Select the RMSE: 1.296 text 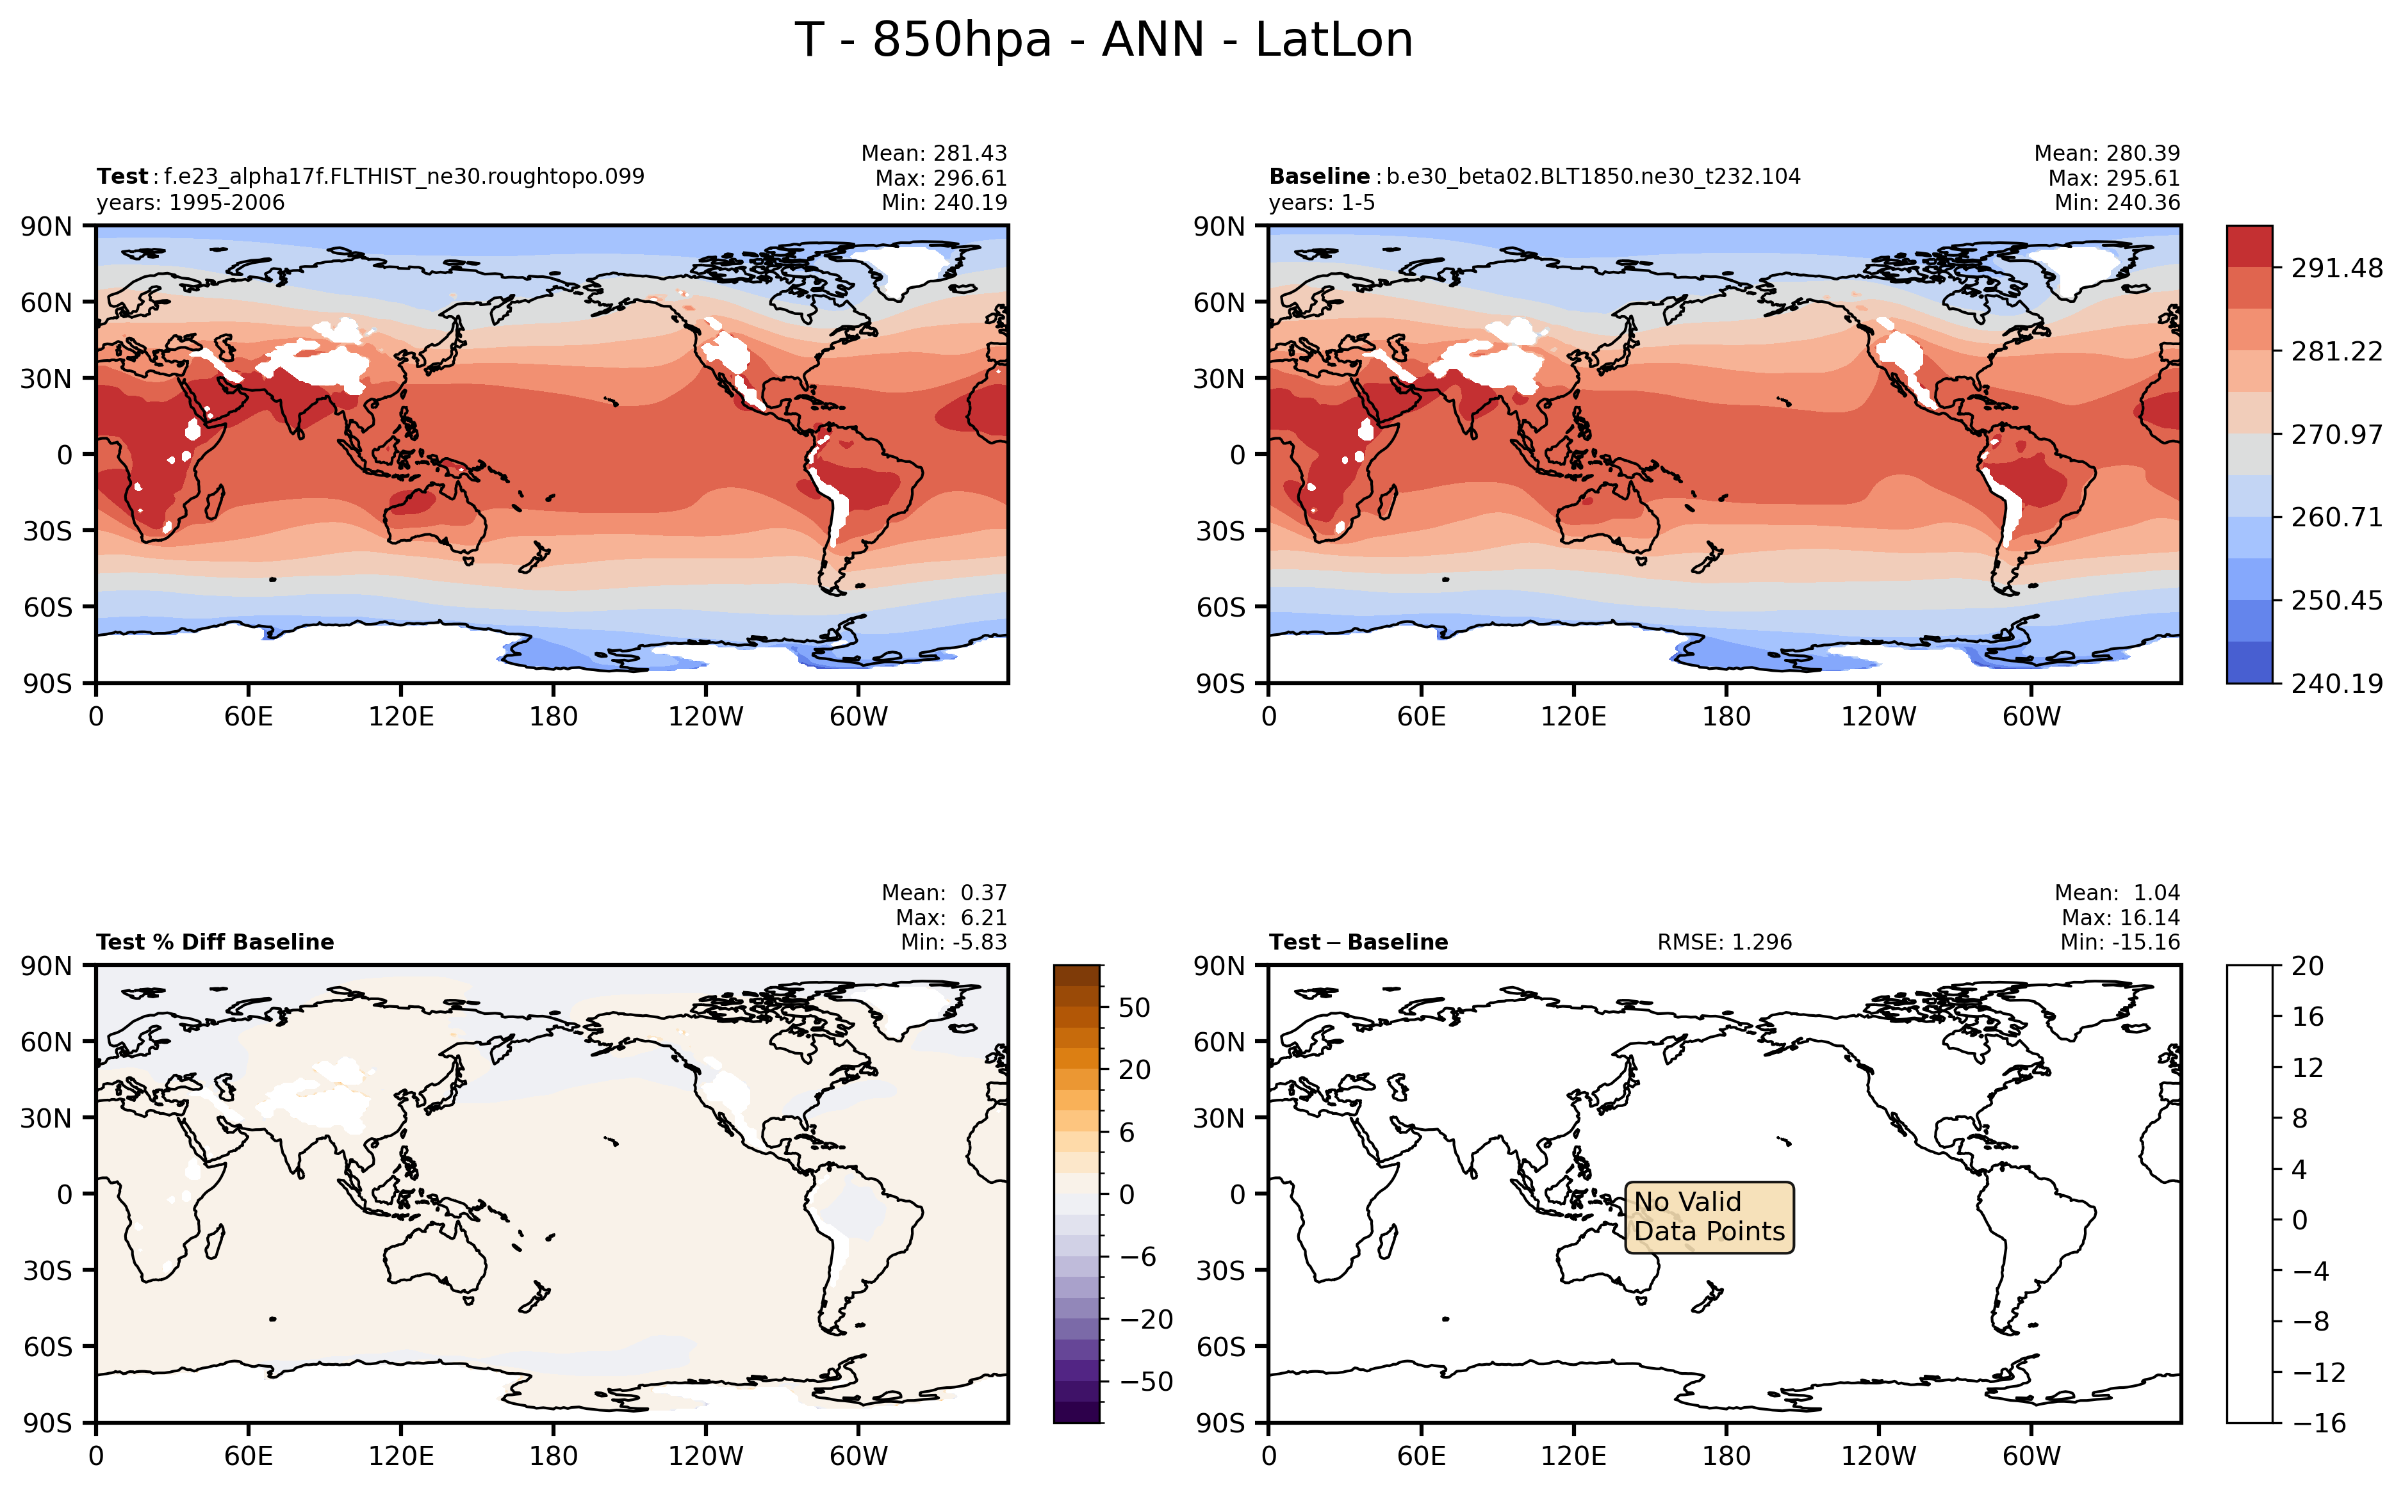coord(1724,942)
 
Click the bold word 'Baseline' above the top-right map coord(1319,176)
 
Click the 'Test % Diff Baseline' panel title coord(215,942)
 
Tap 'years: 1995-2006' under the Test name coord(190,203)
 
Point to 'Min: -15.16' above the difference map coord(2119,942)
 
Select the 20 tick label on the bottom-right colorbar coord(2308,966)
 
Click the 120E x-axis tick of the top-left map coord(401,717)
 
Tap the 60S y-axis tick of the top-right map coord(1220,607)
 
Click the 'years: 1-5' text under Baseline coord(1321,203)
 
